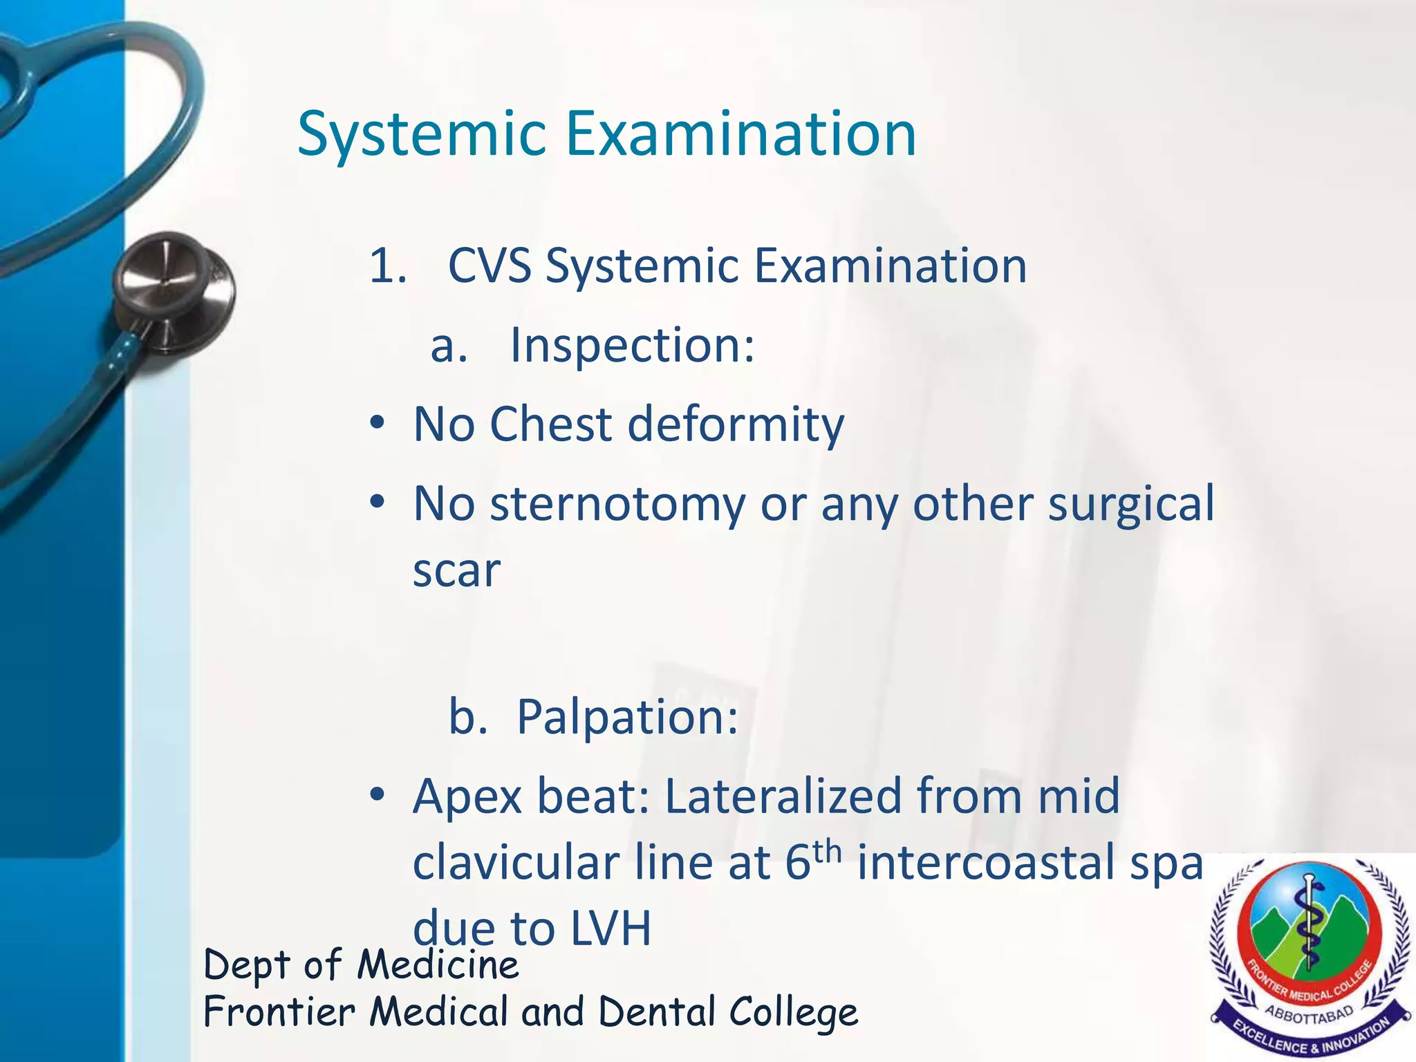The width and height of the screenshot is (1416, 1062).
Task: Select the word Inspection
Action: pos(631,345)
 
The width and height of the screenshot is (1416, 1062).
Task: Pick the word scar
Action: pos(456,571)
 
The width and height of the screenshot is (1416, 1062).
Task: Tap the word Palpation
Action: pos(627,717)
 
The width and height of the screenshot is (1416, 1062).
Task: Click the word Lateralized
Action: pos(783,796)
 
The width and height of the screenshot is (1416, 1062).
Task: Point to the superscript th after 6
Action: pos(827,852)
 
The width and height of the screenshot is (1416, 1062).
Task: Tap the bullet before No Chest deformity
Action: pos(377,424)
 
